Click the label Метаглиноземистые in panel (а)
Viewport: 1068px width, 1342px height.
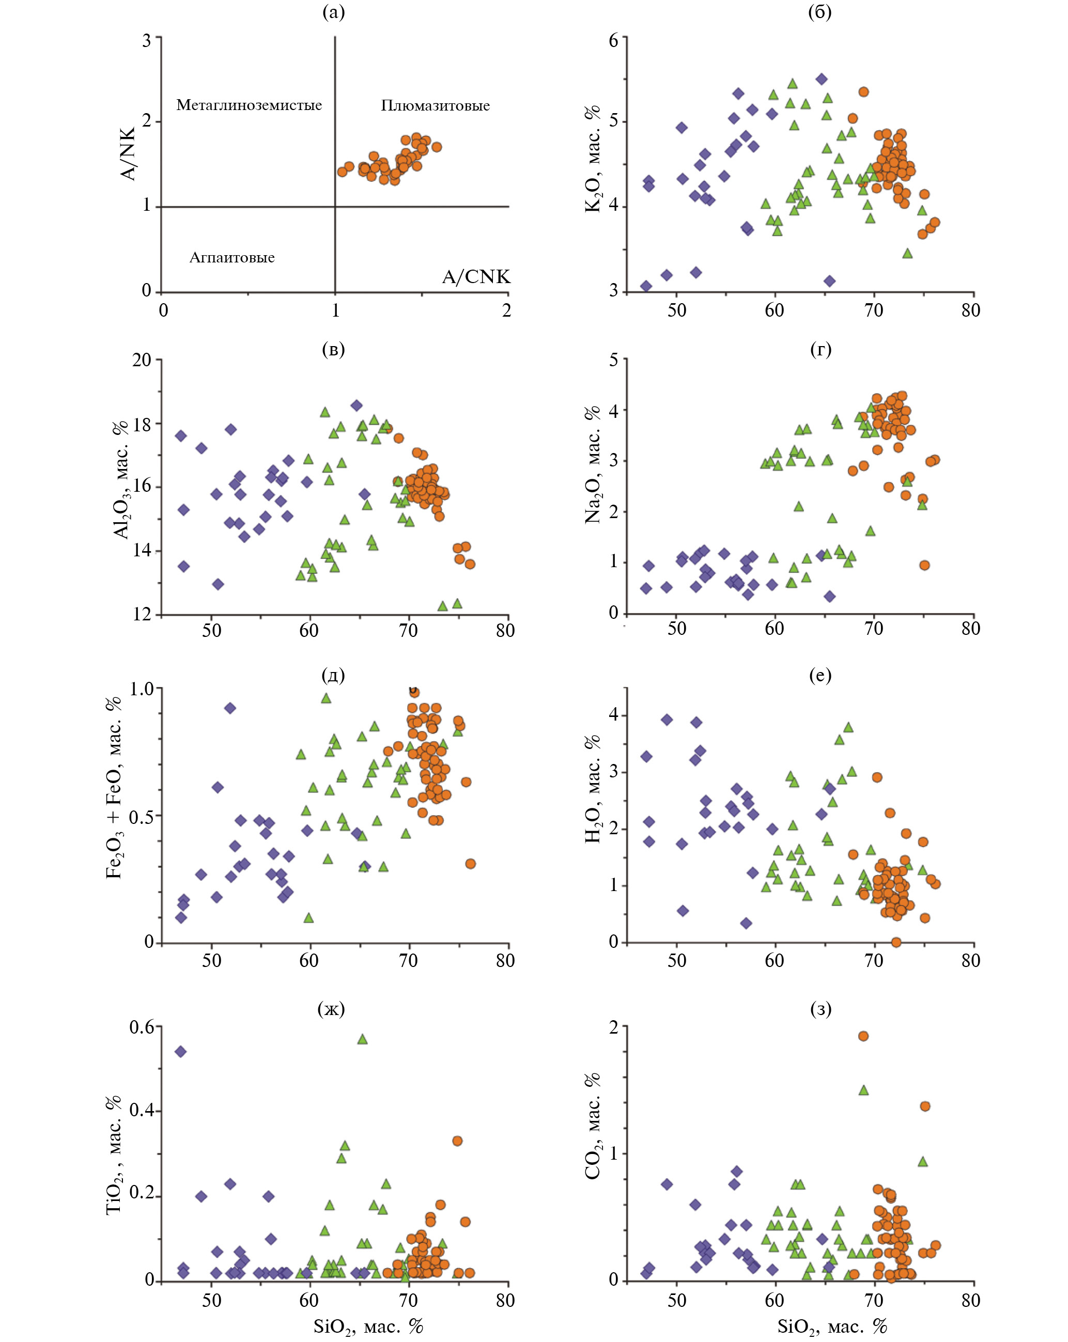tap(249, 105)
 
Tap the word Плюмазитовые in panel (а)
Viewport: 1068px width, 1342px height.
tap(435, 106)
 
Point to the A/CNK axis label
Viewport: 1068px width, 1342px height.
tap(476, 276)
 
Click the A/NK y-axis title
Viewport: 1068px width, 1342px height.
tap(128, 154)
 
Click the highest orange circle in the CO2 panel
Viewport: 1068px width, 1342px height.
tap(863, 1036)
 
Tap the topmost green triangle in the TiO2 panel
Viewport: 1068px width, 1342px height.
tap(362, 1039)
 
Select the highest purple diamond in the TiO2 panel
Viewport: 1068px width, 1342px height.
tap(181, 1052)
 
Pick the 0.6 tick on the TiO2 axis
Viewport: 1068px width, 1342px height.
tap(142, 1027)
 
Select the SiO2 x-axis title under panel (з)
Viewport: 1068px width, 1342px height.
tap(832, 1326)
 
